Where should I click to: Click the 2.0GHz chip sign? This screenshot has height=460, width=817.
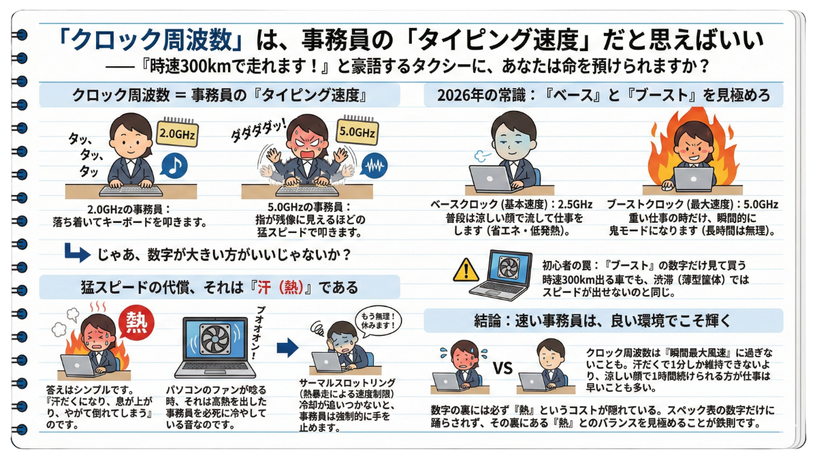point(177,134)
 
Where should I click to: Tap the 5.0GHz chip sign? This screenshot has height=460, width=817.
point(357,131)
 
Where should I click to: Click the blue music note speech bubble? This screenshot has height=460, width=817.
point(174,166)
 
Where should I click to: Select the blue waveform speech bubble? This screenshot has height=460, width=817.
point(374,166)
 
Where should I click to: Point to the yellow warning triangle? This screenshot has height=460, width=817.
point(466,271)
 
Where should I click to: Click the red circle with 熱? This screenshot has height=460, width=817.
point(136,323)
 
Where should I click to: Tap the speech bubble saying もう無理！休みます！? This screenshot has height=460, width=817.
point(378,321)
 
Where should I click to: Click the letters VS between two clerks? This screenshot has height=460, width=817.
point(502,368)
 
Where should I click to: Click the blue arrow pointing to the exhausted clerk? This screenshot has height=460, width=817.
point(288,347)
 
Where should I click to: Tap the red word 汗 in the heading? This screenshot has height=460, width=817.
point(264,288)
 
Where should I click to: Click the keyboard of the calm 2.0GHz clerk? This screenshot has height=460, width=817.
point(131,191)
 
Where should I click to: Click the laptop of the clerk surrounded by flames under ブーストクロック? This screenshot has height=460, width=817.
point(693,179)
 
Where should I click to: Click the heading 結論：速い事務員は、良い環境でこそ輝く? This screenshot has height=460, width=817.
point(603,320)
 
